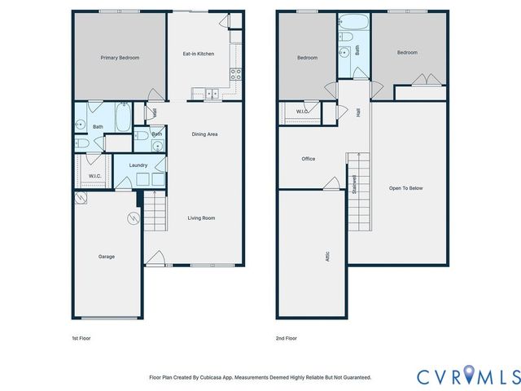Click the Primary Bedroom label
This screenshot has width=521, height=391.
(x=120, y=58)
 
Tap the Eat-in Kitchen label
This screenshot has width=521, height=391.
(x=198, y=54)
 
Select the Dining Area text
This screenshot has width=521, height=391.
(x=204, y=134)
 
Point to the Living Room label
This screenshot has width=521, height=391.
(x=201, y=217)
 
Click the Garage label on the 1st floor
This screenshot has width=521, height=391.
(x=107, y=257)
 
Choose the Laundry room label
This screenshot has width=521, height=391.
(x=138, y=165)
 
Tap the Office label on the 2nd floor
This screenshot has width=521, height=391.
(x=308, y=159)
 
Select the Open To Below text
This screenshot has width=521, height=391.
(x=405, y=188)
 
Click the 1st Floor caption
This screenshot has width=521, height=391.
(x=81, y=337)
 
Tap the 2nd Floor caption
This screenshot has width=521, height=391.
(x=287, y=337)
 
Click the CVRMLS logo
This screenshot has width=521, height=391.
(x=467, y=376)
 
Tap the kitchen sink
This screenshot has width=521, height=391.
(x=210, y=94)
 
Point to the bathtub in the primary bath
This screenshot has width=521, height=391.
(x=120, y=117)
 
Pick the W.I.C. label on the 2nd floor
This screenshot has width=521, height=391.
(x=301, y=112)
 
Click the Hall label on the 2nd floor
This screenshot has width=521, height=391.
(x=358, y=113)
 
